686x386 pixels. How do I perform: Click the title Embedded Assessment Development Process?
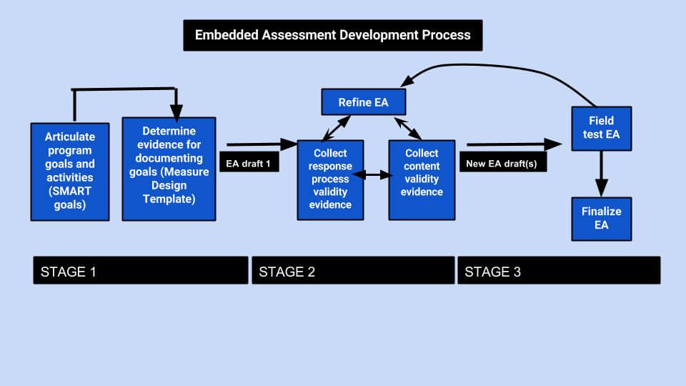333,34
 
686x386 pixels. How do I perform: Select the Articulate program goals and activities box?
69,172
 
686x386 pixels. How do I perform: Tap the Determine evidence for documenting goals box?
169,169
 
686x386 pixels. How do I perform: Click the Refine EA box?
363,102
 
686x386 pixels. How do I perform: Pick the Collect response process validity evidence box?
330,179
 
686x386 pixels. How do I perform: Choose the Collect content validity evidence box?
422,179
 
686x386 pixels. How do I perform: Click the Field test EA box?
601,128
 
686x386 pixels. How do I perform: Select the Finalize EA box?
601,218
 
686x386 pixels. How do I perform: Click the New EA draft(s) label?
501,163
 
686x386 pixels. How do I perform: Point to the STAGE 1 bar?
140,271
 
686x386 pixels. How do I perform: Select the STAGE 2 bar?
352,271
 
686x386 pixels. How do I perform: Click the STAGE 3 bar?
558,271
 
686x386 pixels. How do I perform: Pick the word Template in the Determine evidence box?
169,199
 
